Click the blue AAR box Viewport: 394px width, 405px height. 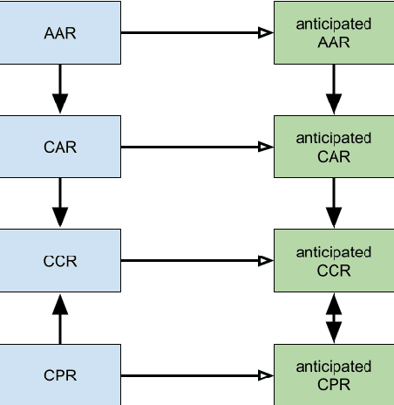(60, 33)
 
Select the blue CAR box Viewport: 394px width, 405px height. (60, 147)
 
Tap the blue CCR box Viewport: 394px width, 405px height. (60, 260)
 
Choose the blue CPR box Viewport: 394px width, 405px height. (60, 375)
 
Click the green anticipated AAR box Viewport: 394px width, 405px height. (334, 33)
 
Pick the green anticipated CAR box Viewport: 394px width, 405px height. (334, 147)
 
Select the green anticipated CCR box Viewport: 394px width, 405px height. (334, 261)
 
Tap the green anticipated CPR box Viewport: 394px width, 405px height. (334, 375)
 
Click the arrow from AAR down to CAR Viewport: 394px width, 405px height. (60, 90)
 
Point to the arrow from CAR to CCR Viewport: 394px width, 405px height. (60, 203)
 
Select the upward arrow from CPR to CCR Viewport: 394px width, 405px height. (60, 318)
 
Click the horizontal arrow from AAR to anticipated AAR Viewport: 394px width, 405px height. (196, 33)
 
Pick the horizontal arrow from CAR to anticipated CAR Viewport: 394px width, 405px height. (196, 147)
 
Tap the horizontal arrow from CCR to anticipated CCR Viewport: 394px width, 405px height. (196, 260)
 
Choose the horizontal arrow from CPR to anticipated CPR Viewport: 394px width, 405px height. (196, 375)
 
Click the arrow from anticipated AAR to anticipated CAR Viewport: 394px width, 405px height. (334, 90)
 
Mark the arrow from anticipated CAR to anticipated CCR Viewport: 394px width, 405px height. (334, 203)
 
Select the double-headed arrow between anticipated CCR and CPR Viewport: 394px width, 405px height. (334, 318)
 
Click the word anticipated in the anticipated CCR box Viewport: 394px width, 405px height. (334, 252)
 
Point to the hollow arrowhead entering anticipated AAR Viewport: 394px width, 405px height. (265, 33)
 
